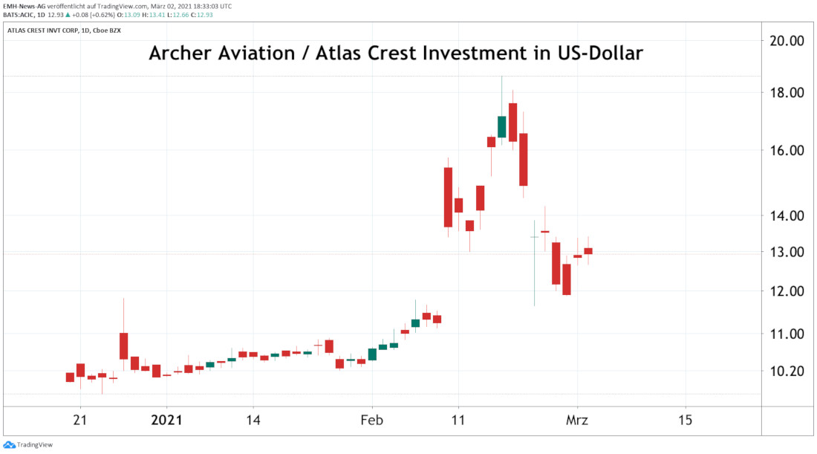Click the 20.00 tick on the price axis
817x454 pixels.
tap(786, 41)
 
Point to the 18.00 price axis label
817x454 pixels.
tap(786, 93)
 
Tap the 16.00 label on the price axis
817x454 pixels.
tap(786, 150)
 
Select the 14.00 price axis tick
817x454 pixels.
tap(786, 215)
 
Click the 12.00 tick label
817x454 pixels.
tap(786, 291)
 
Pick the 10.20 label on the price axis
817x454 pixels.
tap(786, 371)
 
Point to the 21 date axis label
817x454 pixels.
tap(80, 420)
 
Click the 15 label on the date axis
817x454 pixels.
tap(685, 420)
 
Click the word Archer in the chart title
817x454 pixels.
tap(182, 54)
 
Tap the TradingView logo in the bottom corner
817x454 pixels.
tap(22, 444)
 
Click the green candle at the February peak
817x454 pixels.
tap(502, 127)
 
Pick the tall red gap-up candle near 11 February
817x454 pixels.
tap(448, 197)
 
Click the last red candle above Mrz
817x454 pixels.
tap(588, 251)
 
